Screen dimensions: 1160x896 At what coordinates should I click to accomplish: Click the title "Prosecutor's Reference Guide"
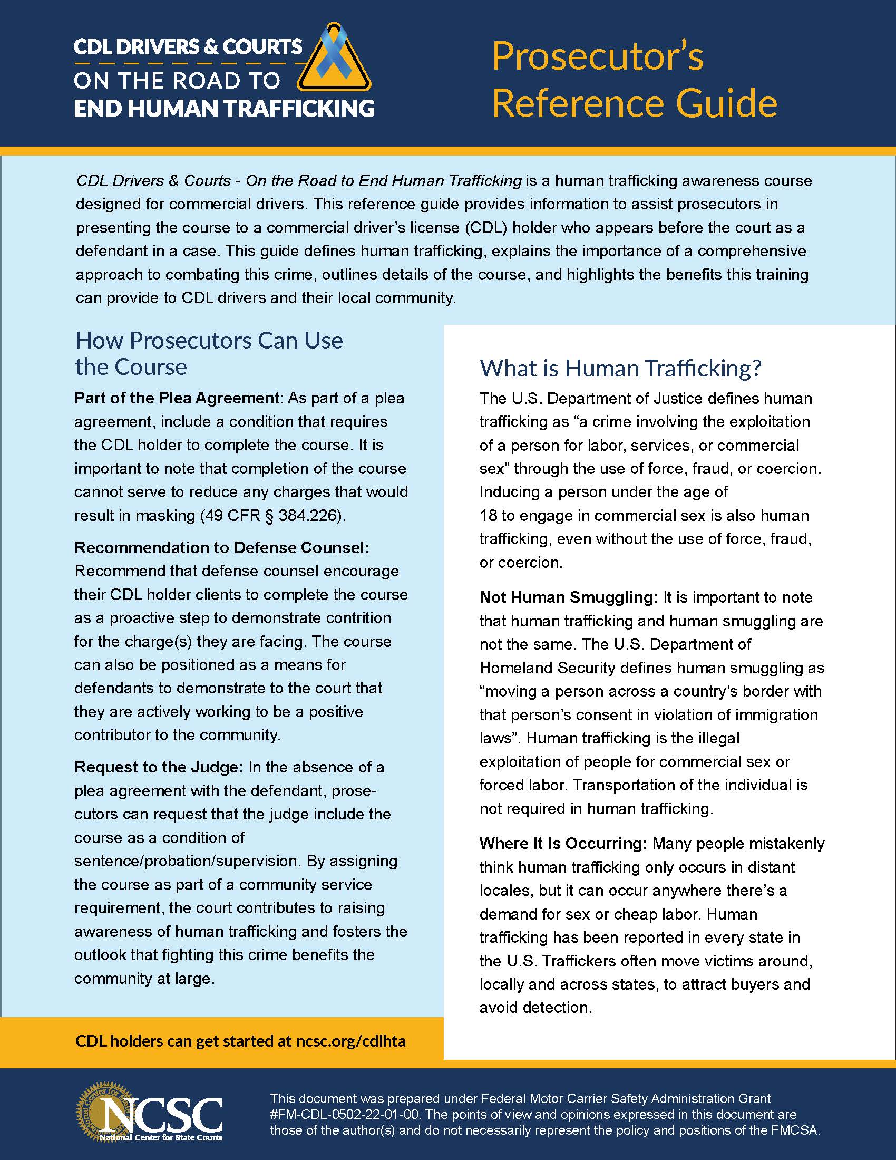(x=634, y=79)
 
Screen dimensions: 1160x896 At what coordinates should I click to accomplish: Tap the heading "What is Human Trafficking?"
(x=620, y=368)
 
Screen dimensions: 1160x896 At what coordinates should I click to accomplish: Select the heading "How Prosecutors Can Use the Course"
(x=209, y=353)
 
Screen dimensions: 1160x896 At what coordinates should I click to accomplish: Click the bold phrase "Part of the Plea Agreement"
(x=177, y=398)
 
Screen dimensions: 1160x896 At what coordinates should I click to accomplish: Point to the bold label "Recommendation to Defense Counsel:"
(x=221, y=547)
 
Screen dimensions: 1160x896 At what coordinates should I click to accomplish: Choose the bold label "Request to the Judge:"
(x=158, y=767)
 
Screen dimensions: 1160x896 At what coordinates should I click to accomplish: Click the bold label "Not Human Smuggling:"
(x=568, y=597)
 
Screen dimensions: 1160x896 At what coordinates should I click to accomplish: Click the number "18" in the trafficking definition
(x=488, y=515)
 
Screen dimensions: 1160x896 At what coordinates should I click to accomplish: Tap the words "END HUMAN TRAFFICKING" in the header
(x=224, y=108)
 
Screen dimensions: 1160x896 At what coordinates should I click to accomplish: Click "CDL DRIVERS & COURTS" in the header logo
(x=188, y=47)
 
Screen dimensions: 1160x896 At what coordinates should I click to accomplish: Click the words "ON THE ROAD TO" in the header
(x=177, y=81)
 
